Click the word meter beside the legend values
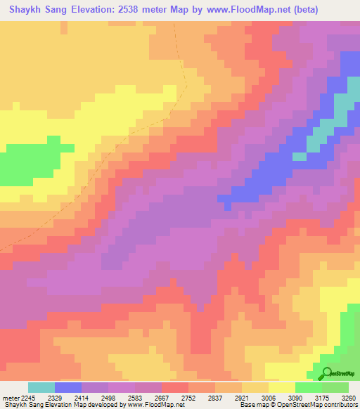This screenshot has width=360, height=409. [x=12, y=397]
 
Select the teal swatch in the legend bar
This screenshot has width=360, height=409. [x=41, y=387]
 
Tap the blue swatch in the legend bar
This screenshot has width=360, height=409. [x=68, y=387]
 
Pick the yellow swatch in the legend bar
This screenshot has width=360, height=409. [x=282, y=387]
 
